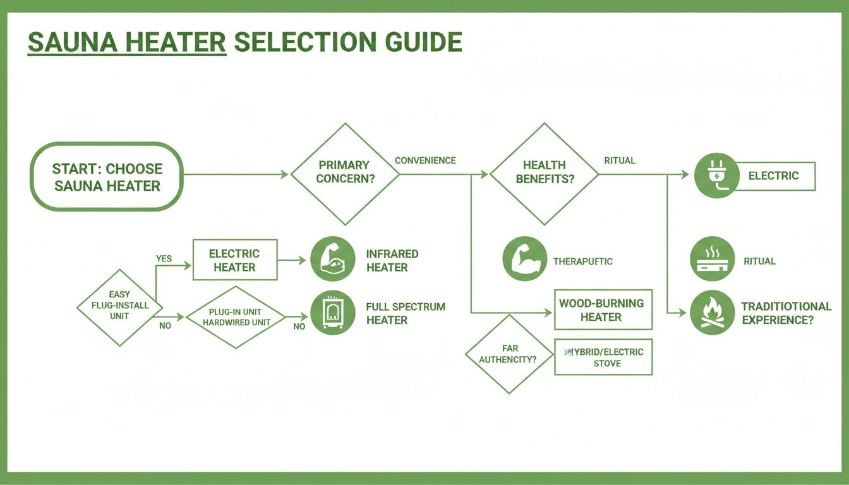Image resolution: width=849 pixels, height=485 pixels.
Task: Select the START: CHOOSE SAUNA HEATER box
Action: click(x=107, y=177)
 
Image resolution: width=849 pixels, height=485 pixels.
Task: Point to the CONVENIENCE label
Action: click(x=425, y=160)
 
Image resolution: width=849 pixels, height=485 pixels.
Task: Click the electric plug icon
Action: click(x=716, y=176)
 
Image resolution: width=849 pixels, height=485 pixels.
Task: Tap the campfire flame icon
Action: click(x=712, y=313)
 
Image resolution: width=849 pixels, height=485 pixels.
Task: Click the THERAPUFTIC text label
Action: click(x=582, y=261)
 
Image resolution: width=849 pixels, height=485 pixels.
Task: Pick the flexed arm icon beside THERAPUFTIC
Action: click(x=524, y=259)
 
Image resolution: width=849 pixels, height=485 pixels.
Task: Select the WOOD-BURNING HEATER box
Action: click(x=603, y=310)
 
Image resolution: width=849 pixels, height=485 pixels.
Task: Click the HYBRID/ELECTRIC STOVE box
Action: click(x=603, y=357)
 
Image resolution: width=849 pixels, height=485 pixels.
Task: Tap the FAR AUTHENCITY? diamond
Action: click(x=508, y=354)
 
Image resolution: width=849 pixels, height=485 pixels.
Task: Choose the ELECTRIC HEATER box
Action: click(x=234, y=260)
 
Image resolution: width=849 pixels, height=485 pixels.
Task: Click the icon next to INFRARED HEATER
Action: click(x=332, y=259)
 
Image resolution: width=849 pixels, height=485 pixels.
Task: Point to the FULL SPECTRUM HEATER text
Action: click(x=405, y=313)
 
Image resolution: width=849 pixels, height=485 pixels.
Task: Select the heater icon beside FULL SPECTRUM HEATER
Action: click(x=332, y=313)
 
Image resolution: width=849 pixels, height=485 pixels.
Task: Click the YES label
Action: click(x=164, y=258)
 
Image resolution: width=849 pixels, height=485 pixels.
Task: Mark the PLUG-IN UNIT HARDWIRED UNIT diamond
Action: click(x=236, y=317)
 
